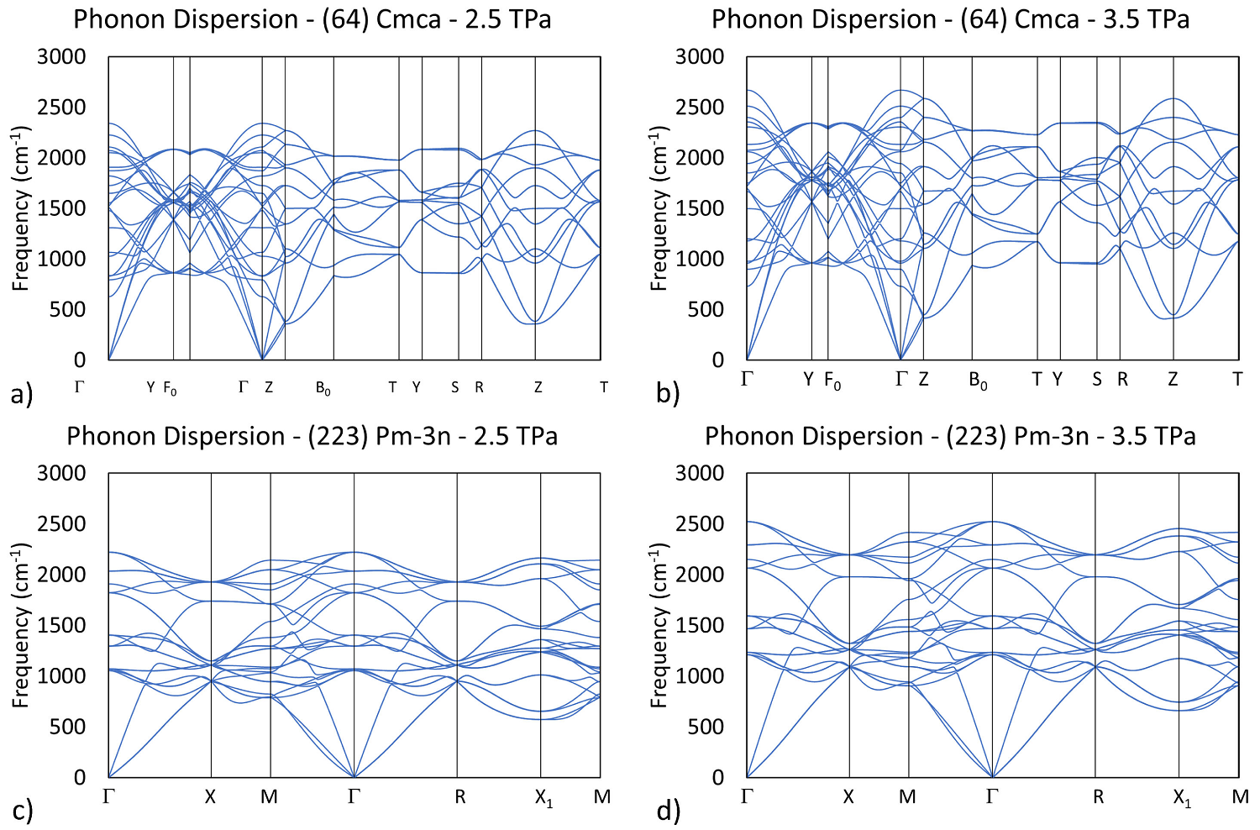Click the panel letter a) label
(22, 393)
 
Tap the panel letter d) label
(669, 811)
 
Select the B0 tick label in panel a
(323, 388)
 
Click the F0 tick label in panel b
(832, 381)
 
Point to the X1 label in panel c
(544, 798)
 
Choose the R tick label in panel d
(1099, 796)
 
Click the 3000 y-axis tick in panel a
(61, 56)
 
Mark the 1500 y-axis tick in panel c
(61, 625)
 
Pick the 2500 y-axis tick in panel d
(700, 524)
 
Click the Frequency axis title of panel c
(21, 625)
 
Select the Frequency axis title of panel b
(659, 208)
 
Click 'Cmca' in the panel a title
(408, 18)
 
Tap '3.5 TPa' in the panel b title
(1146, 18)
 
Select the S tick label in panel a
(455, 387)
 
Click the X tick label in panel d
(848, 796)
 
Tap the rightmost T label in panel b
(1237, 380)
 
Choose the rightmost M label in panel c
(601, 796)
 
